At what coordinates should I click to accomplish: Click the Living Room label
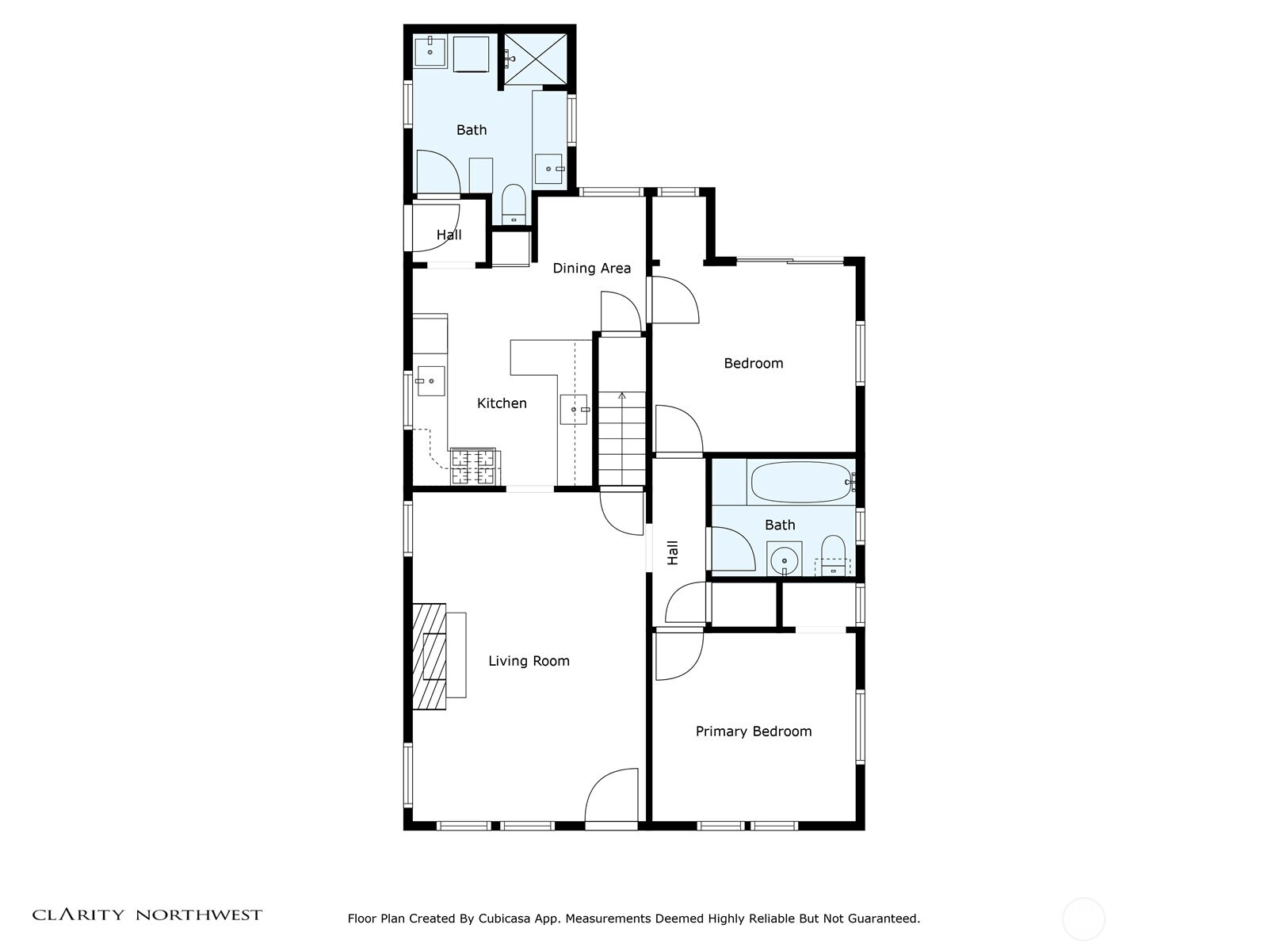click(x=529, y=661)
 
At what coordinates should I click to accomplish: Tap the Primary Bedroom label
click(x=754, y=731)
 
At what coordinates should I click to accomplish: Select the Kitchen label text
click(x=502, y=403)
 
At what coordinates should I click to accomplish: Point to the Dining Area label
click(x=591, y=269)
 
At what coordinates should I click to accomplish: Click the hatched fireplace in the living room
click(x=430, y=656)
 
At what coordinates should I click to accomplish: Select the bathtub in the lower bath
click(x=800, y=482)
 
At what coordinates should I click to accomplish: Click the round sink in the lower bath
click(x=784, y=560)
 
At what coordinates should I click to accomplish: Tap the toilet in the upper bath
click(x=513, y=204)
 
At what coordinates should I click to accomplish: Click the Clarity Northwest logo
click(x=147, y=915)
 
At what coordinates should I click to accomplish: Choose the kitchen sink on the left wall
click(x=431, y=381)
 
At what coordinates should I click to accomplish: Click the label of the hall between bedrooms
click(x=673, y=552)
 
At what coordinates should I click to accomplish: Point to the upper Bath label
click(x=472, y=131)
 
